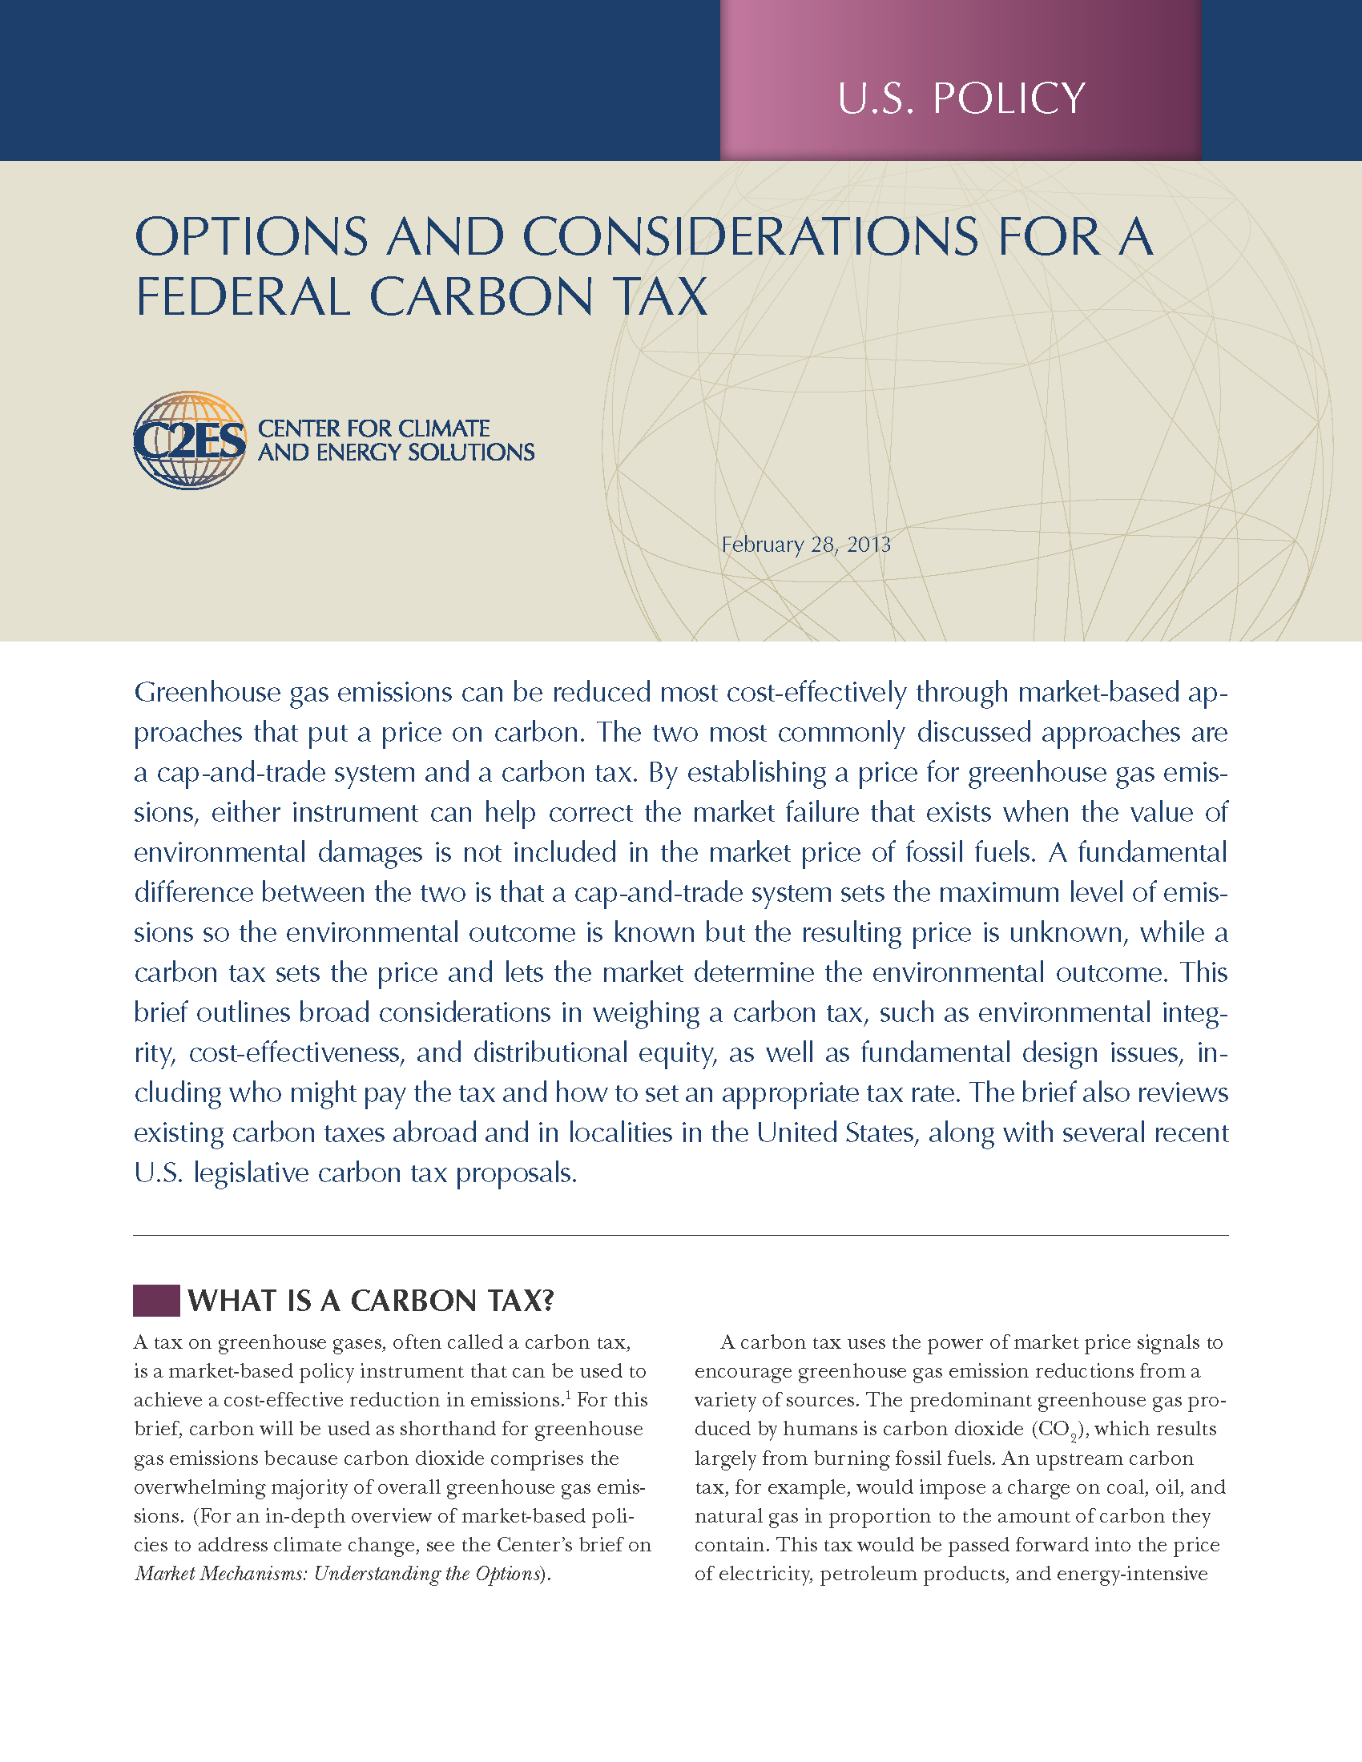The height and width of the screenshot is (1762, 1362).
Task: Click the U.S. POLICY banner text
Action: (961, 99)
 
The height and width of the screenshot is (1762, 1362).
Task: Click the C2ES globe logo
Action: (190, 440)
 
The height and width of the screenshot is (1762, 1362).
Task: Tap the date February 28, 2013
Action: (806, 545)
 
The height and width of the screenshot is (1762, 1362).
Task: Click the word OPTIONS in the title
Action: (251, 237)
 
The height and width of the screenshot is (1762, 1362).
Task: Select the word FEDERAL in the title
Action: (243, 296)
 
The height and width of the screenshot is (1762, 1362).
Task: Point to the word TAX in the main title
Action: (660, 296)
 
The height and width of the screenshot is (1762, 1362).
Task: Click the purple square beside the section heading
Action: (155, 1301)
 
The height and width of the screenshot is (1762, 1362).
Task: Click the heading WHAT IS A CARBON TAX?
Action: (371, 1301)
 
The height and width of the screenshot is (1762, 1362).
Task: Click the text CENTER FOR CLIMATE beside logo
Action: (373, 428)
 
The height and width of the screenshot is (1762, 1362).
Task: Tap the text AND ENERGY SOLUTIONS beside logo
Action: (396, 453)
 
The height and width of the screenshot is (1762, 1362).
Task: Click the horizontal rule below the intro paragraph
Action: (680, 1235)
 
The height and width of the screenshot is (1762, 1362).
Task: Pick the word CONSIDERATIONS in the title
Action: (750, 237)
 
